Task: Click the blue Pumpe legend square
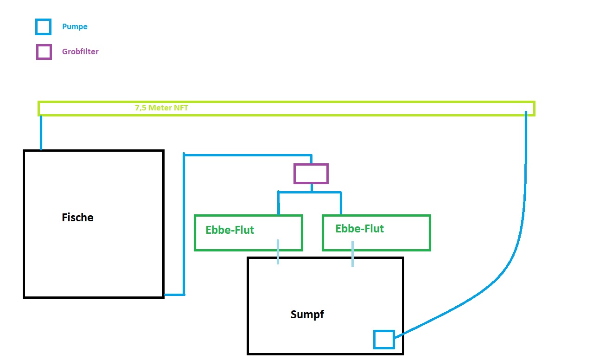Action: (x=43, y=26)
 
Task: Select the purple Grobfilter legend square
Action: (x=44, y=52)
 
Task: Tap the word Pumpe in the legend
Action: (x=75, y=26)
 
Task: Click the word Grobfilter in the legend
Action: (x=80, y=51)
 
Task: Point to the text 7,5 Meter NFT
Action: (x=161, y=108)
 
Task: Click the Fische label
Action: (x=77, y=217)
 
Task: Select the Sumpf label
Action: (x=307, y=315)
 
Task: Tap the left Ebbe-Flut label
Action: (x=230, y=230)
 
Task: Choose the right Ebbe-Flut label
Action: (x=359, y=229)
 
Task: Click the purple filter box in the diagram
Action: (x=311, y=174)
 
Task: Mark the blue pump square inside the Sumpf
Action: (x=384, y=339)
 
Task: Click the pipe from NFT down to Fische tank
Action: (x=41, y=133)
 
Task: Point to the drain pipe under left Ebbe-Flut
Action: (x=278, y=252)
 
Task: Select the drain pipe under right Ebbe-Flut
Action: (x=352, y=254)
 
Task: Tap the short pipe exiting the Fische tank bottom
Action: (x=174, y=295)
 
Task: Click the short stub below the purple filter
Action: (x=311, y=187)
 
